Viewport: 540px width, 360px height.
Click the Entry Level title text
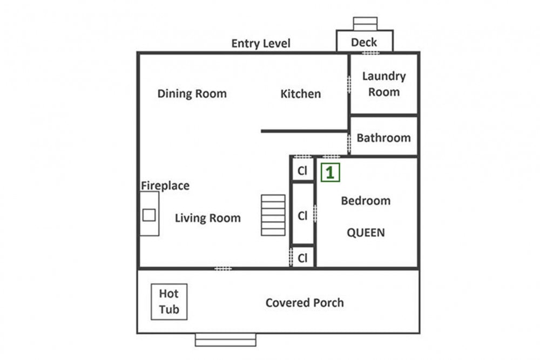point(261,43)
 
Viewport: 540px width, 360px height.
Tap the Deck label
point(363,42)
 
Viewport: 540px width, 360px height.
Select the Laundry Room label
point(383,84)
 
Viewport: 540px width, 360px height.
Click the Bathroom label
point(383,138)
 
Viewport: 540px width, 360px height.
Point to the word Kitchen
point(300,93)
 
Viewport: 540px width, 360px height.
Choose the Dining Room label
point(192,93)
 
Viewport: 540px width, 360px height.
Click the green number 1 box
point(330,172)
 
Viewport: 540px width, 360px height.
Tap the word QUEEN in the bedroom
point(366,233)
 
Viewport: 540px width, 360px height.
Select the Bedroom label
point(366,201)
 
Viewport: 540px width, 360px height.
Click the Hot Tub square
point(169,302)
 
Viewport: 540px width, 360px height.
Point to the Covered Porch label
point(305,303)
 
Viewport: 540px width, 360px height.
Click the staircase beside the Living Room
point(273,215)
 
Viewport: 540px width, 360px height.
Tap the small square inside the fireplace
point(149,215)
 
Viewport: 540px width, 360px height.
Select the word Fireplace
point(165,186)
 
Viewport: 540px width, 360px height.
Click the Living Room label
point(208,218)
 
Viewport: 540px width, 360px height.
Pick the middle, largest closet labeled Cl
point(302,214)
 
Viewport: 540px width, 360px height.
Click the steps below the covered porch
point(226,339)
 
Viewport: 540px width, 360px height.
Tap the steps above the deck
point(365,24)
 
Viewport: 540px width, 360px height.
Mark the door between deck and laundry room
point(370,53)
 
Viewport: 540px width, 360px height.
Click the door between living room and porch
point(223,268)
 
